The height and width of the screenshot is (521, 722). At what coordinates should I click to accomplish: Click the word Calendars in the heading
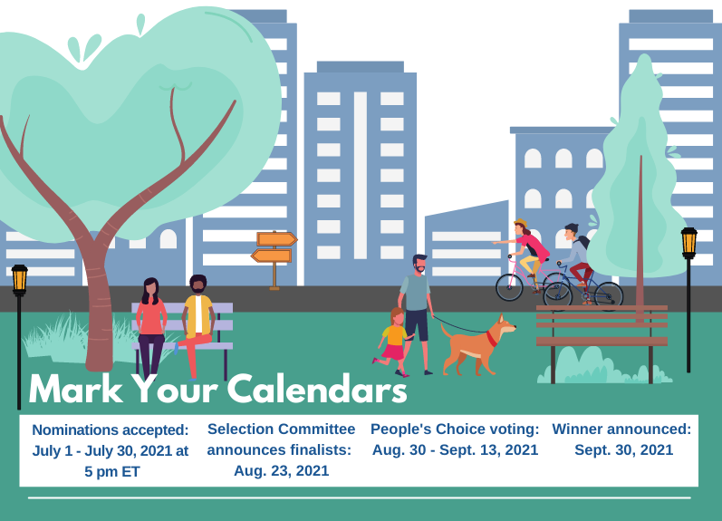pos(317,389)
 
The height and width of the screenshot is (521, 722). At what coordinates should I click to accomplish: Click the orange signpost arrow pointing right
pos(276,239)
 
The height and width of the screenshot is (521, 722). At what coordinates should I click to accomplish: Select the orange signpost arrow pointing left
pos(271,256)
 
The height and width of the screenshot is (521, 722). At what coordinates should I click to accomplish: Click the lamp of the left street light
pos(19,279)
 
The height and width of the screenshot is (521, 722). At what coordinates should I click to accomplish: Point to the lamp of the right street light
pos(688,242)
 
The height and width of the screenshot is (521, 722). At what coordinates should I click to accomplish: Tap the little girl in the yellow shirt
pos(392,342)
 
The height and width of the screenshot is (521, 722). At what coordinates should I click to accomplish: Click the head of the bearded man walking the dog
pos(419,265)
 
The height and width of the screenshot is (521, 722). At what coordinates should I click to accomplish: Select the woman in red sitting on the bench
pos(150,324)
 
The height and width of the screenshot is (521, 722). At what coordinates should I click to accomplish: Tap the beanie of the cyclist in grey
pos(572,227)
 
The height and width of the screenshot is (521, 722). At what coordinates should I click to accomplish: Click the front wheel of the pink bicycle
pos(509,287)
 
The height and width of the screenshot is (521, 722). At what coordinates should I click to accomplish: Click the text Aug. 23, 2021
pos(282,471)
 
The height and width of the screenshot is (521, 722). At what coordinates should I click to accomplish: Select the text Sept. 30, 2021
pos(624,449)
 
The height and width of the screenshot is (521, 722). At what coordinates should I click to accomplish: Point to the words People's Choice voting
pos(454,429)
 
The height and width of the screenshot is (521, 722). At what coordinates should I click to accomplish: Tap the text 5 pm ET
pos(112,472)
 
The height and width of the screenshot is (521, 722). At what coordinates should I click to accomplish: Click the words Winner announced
pos(621,429)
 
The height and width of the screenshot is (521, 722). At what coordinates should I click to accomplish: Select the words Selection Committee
pos(282,429)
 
